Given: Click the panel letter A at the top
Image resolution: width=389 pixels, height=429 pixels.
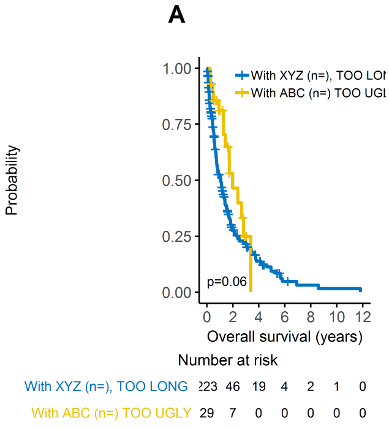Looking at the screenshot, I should click(176, 15).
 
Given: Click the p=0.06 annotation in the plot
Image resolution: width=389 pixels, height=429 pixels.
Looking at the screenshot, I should click(227, 282).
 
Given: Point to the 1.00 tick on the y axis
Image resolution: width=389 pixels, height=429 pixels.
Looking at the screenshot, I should click(176, 68).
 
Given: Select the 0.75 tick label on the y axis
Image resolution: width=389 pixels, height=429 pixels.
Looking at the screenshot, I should click(176, 124).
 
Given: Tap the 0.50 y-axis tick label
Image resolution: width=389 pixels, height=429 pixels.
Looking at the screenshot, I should click(176, 180).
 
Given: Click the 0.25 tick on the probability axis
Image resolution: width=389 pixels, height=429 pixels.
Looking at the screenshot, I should click(176, 236).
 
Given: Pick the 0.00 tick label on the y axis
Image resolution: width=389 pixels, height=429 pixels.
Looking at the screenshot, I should click(176, 293).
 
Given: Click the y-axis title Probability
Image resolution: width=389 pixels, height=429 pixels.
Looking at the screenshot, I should click(11, 180).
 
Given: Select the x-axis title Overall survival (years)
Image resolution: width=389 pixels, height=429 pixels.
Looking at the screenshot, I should click(285, 336).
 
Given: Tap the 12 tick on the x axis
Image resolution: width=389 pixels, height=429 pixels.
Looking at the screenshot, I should click(363, 317).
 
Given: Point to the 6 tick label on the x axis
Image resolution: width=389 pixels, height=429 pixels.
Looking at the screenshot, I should click(285, 317).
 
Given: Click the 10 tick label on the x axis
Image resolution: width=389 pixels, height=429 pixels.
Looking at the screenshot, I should click(337, 317).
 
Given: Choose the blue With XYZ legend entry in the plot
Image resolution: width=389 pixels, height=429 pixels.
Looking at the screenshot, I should click(310, 75).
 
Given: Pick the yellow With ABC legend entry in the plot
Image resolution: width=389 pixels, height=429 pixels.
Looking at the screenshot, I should click(310, 93).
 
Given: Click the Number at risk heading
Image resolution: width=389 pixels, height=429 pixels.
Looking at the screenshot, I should click(224, 360).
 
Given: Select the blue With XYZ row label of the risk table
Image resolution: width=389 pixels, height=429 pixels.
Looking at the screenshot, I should click(106, 387).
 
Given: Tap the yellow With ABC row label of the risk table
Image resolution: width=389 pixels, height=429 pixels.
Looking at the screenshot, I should click(111, 412).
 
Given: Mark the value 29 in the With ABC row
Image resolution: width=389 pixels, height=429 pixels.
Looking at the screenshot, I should click(207, 412).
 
